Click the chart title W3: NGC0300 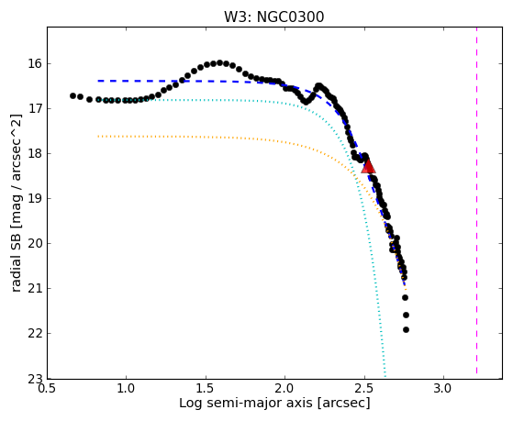click(273, 17)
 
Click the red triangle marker click(368, 166)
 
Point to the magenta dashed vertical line click(476, 200)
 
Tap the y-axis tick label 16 click(36, 64)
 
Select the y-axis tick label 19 click(36, 198)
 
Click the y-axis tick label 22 click(36, 333)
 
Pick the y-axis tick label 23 click(36, 379)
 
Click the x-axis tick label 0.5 click(47, 389)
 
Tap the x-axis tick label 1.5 click(206, 389)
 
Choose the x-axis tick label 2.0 click(285, 389)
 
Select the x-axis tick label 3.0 click(443, 389)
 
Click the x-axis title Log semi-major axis click(246, 404)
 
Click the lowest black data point click(406, 329)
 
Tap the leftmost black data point click(73, 95)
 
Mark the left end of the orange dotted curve click(98, 136)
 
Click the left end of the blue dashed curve click(98, 81)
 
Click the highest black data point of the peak click(220, 62)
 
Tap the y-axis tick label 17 click(36, 108)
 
